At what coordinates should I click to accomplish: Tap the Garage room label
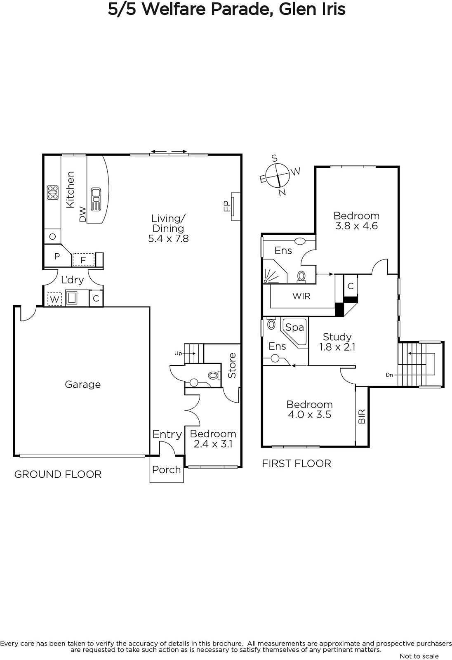click(83, 384)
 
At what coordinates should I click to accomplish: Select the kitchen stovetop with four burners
click(53, 193)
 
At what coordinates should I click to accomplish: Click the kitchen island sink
click(96, 200)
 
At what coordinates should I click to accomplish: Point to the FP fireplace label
click(227, 206)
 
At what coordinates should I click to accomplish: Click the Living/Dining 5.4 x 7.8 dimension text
click(168, 238)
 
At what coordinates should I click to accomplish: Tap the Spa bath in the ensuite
click(294, 331)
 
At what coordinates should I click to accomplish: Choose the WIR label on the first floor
click(301, 296)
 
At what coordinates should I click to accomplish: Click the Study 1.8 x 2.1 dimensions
click(337, 347)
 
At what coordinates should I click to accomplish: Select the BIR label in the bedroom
click(362, 416)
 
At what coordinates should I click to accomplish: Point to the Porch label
click(167, 470)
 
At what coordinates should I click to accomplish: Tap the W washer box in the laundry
click(54, 299)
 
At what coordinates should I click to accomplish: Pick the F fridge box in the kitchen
click(83, 260)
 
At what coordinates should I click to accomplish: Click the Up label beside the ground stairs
click(178, 353)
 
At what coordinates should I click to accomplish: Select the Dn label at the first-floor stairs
click(389, 375)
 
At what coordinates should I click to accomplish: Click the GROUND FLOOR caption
click(58, 474)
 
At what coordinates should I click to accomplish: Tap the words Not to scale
click(419, 656)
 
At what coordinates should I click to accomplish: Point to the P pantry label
click(57, 256)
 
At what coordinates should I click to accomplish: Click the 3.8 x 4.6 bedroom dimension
click(357, 226)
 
